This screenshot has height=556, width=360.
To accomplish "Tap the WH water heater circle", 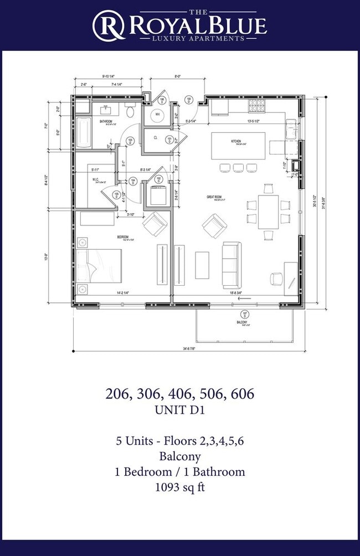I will point(157,115).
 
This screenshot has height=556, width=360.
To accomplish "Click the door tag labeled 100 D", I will point(189,100).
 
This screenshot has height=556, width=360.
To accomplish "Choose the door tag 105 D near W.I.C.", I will point(116,194).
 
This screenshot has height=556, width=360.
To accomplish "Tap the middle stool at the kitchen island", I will point(238,167).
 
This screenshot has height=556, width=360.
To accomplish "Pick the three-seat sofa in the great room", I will point(231,262).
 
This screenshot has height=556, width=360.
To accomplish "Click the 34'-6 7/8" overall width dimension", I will point(189,349).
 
